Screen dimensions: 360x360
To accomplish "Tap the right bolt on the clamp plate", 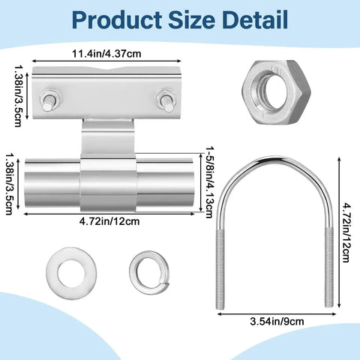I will (x=163, y=100).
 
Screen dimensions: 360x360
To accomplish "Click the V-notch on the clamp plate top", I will (x=108, y=70).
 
